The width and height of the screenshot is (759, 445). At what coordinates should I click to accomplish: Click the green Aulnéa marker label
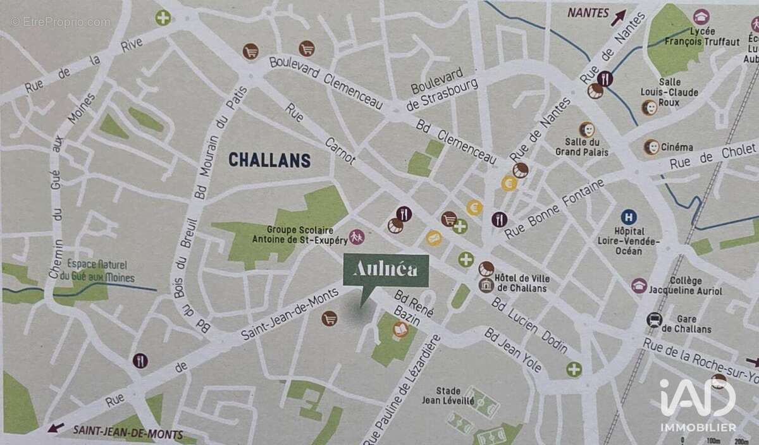coord(385,271)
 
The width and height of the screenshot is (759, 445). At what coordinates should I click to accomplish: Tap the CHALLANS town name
coord(269,160)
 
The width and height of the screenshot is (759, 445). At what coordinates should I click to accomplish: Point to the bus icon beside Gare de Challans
coord(654,320)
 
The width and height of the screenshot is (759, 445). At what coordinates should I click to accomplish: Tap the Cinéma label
coord(677,147)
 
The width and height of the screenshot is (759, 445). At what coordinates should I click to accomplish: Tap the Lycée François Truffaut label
coord(703,37)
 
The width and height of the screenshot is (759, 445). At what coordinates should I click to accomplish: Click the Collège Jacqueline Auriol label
coord(686,286)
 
